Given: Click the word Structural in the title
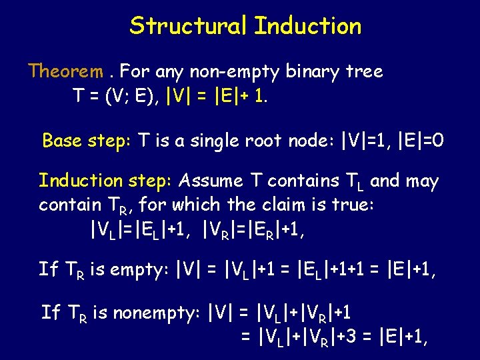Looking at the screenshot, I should click(189, 26).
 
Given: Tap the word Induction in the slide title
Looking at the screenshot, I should click(307, 26).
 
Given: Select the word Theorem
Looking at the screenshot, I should click(65, 71).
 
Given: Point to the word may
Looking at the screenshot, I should click(421, 181).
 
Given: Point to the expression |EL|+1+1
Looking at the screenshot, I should click(334, 270).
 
